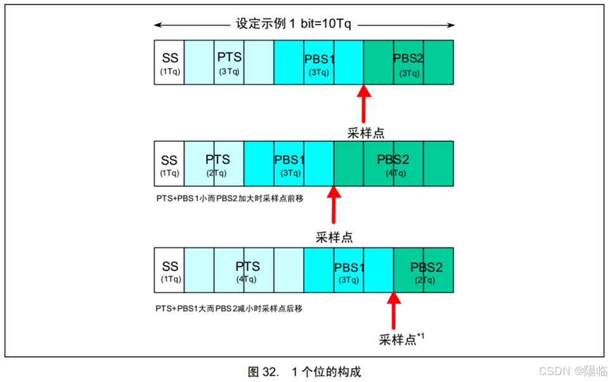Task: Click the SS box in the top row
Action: point(169,62)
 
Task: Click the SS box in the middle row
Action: point(169,164)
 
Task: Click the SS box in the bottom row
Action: point(169,270)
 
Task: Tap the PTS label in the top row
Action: point(229,57)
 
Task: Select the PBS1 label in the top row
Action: point(319,59)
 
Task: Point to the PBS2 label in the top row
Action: point(408,59)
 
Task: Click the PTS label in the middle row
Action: point(217,159)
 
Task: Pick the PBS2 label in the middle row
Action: point(393,159)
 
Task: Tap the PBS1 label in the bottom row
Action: point(350,267)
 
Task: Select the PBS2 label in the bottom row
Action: point(426,267)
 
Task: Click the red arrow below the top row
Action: point(363,104)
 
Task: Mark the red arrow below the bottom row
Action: point(393,312)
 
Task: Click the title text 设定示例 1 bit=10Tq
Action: point(294,25)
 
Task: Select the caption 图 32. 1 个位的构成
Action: point(304,371)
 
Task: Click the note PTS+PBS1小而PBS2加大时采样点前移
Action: point(230,199)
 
